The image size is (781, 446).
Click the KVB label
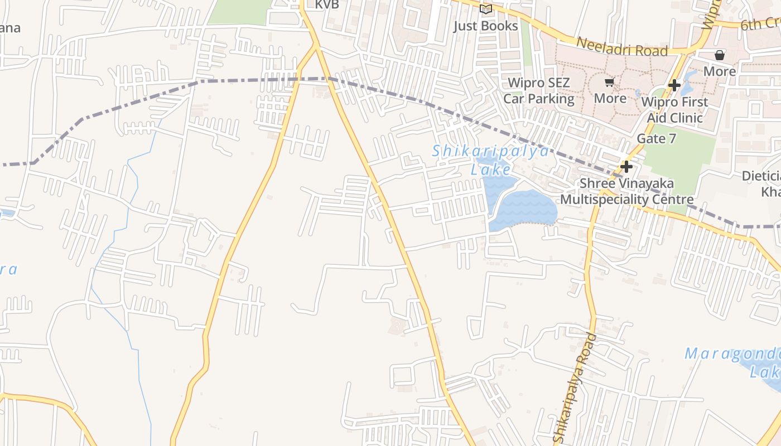[x=327, y=5]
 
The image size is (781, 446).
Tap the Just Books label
[x=485, y=26]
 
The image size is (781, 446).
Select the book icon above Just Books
[x=486, y=9]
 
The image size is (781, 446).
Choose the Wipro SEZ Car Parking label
[x=539, y=91]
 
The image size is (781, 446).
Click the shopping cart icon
[x=609, y=83]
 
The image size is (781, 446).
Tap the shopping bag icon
[x=720, y=55]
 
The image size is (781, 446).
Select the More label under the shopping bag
[x=720, y=71]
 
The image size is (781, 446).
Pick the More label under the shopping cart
[x=610, y=99]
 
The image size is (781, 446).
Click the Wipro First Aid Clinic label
[x=674, y=110]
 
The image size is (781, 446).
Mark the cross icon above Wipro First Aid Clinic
[x=674, y=85]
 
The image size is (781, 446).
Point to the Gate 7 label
[x=657, y=138]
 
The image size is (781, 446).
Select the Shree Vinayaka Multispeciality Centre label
[x=627, y=191]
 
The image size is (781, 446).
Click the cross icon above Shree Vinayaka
[x=626, y=166]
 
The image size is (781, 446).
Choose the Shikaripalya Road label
[x=574, y=385]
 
